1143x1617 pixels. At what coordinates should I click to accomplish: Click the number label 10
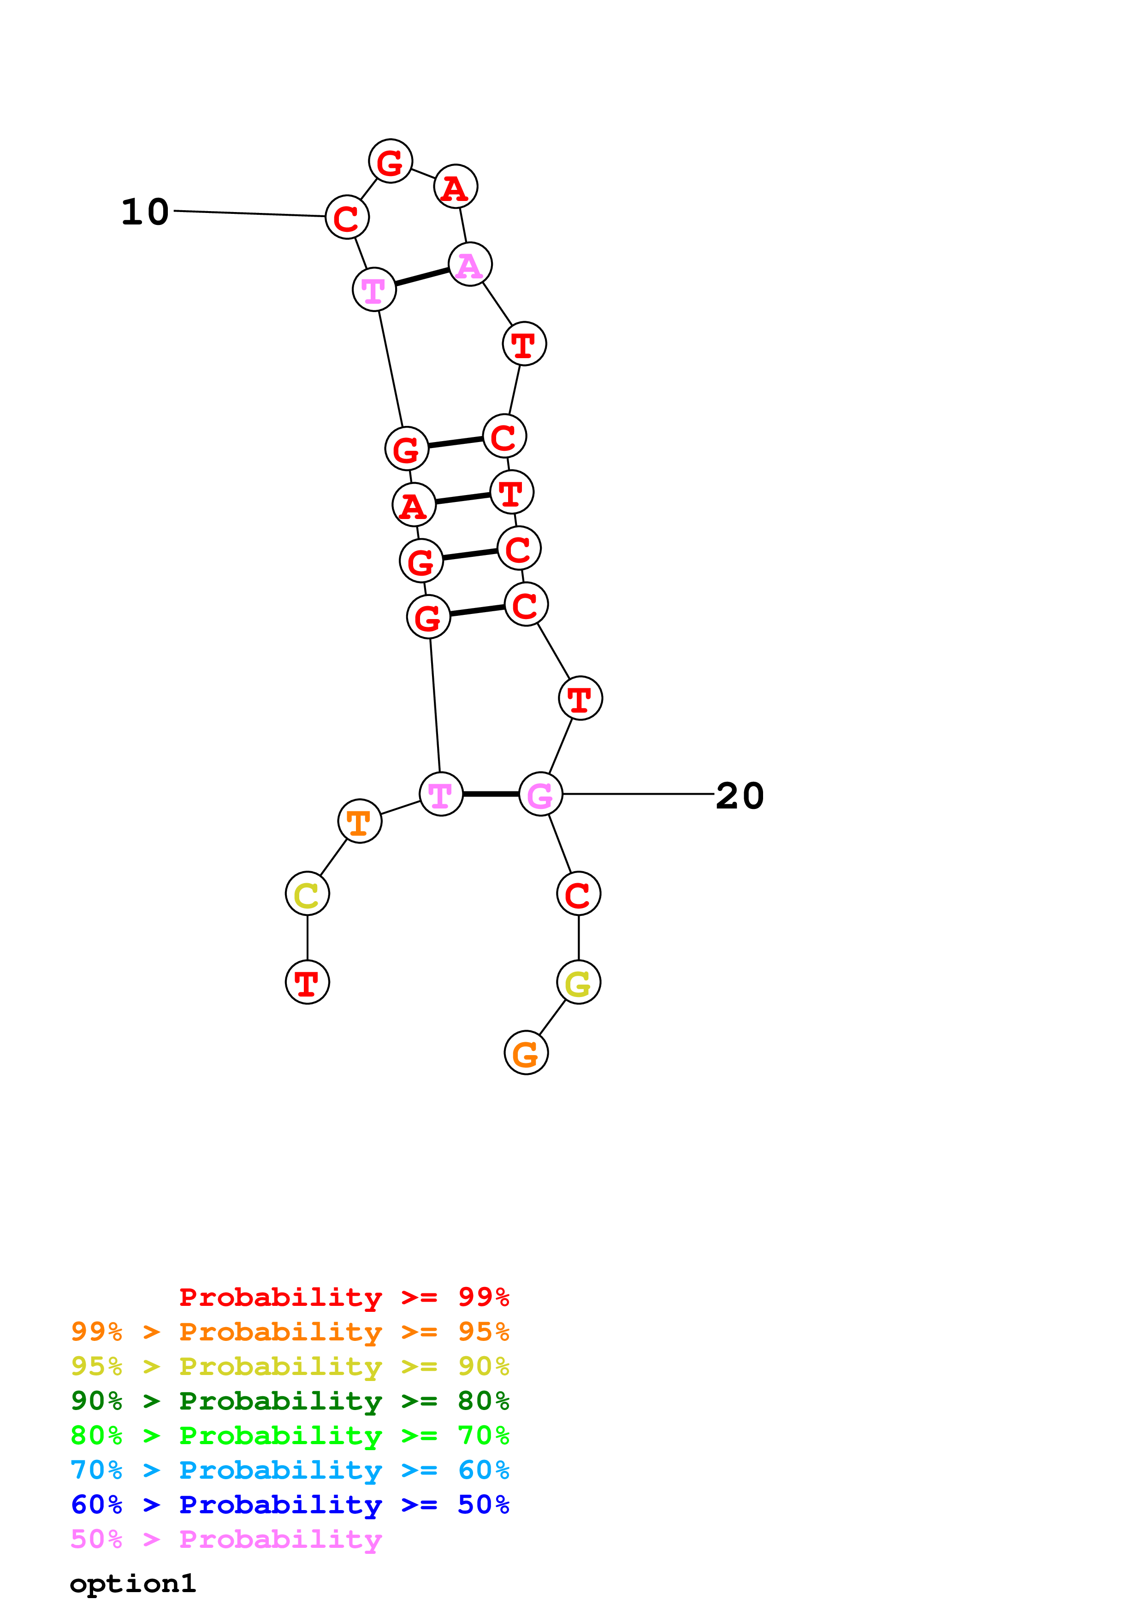tap(145, 212)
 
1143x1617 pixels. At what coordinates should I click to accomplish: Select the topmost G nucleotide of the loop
tap(390, 161)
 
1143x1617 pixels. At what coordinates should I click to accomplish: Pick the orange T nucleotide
tap(359, 821)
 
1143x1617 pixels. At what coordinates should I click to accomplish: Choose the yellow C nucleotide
tap(307, 894)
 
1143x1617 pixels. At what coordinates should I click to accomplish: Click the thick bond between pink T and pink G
tap(491, 794)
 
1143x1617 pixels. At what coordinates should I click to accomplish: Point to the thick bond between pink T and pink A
tap(422, 277)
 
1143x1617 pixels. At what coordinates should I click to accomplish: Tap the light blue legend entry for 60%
tap(290, 1470)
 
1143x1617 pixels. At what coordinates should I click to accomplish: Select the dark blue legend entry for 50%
tap(290, 1505)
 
